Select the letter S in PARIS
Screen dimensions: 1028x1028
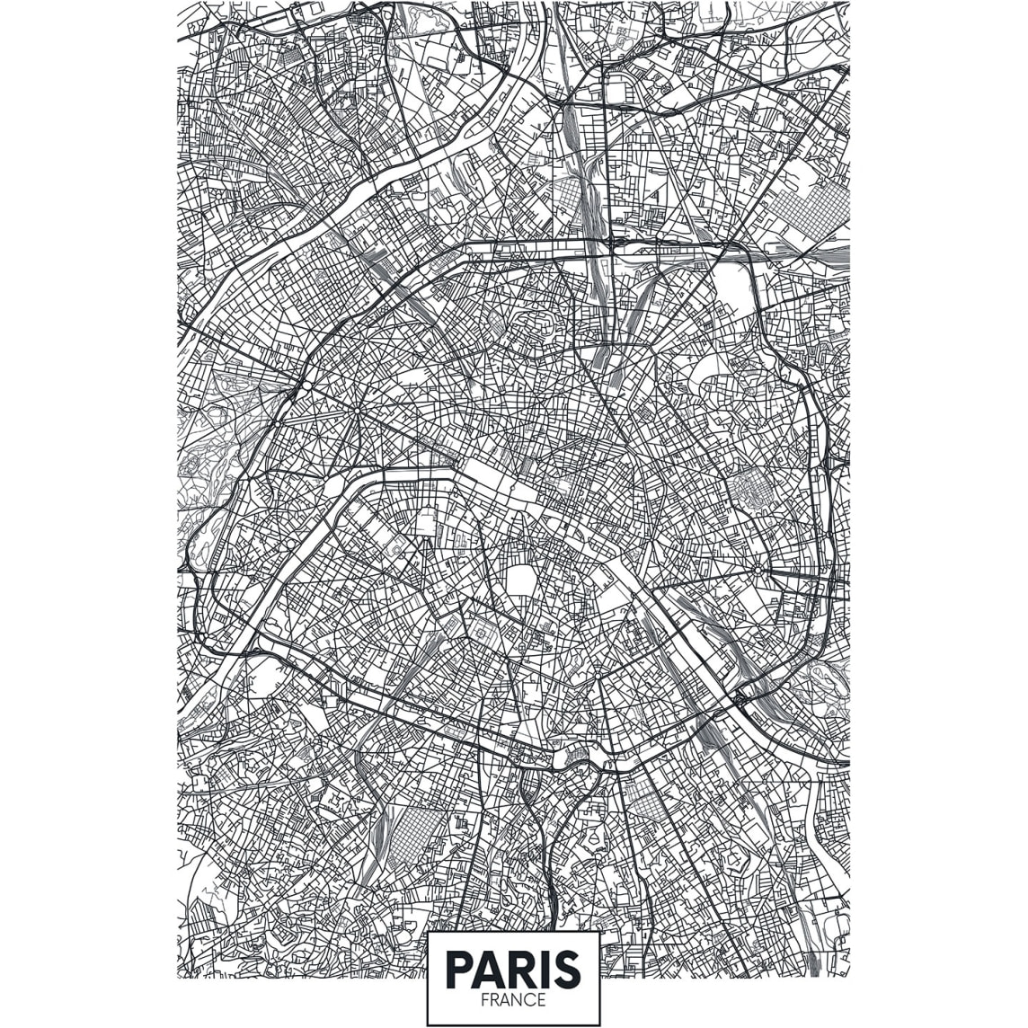click(564, 970)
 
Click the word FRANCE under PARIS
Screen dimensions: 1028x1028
click(513, 999)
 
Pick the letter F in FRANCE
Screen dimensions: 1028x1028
click(484, 999)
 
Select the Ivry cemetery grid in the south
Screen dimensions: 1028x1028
click(645, 797)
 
